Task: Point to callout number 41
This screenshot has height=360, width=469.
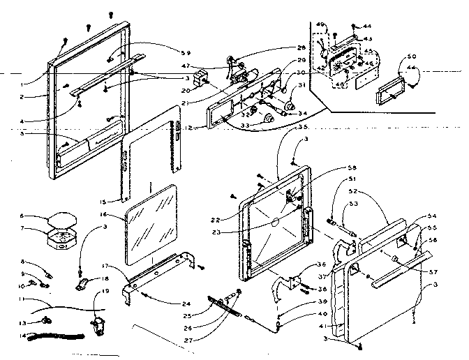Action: (321, 325)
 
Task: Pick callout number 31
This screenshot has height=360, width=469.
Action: (294, 87)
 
